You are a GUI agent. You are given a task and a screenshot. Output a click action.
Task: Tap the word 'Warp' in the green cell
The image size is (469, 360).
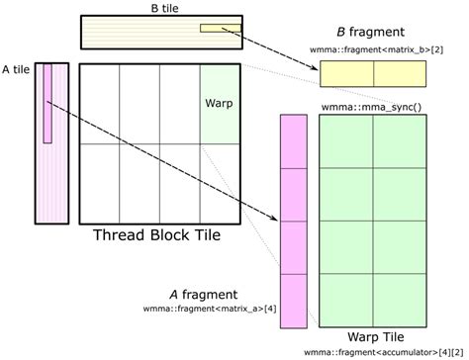pos(219,103)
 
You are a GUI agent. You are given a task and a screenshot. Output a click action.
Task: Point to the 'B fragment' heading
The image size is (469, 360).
pos(372,33)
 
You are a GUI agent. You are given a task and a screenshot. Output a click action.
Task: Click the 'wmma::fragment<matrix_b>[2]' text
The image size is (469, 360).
pos(372,48)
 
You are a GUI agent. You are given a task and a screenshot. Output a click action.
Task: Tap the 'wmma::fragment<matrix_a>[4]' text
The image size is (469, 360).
pos(211,309)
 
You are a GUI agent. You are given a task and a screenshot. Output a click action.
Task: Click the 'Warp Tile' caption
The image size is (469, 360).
pos(371,335)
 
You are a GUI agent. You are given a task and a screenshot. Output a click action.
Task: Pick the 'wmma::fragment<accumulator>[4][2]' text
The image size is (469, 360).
pos(383,351)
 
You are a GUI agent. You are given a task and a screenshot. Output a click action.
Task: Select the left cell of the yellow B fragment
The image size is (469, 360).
pos(346,75)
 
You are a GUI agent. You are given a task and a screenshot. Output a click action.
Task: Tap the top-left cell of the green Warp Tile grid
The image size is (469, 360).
pos(345,140)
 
